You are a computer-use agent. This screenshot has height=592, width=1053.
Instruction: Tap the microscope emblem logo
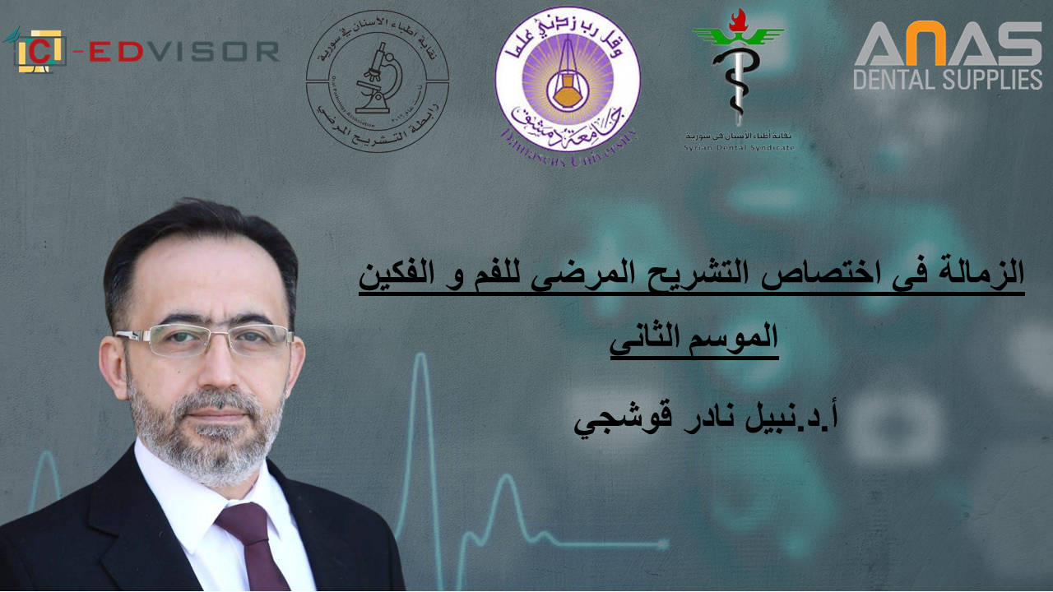[x=378, y=81]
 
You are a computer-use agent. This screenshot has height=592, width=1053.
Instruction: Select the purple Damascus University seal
[x=567, y=79]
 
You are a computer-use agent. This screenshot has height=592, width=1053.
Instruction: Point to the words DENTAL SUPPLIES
[x=947, y=79]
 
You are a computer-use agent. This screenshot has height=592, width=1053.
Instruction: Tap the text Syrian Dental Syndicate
[x=739, y=147]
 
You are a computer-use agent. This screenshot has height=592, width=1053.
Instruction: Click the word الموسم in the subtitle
[x=736, y=338]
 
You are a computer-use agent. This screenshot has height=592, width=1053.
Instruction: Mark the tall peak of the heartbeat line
[x=421, y=362]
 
